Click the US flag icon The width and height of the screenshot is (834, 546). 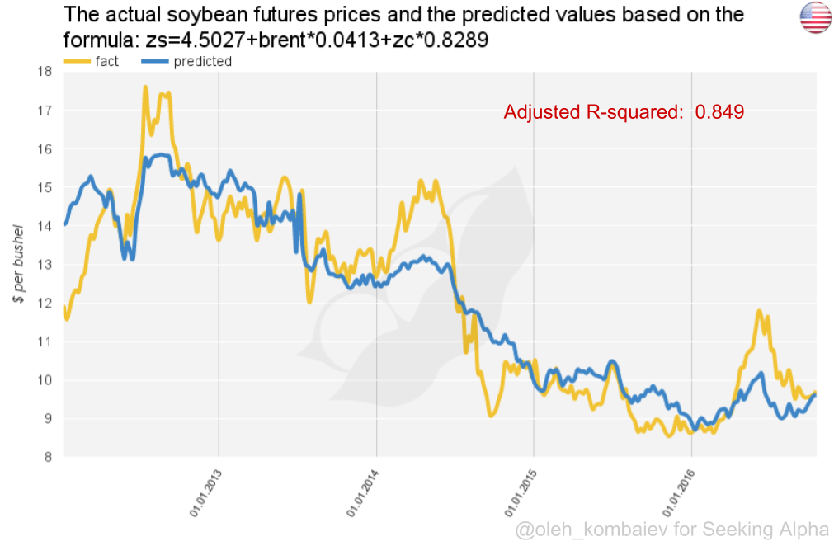click(814, 18)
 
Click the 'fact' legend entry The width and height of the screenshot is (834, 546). click(106, 61)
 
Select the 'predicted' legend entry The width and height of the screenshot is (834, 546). click(202, 61)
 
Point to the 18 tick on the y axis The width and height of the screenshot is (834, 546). click(45, 72)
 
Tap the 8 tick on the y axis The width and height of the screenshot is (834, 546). click(49, 457)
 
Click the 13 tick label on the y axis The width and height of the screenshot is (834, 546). click(45, 265)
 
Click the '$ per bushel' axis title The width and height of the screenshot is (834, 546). click(18, 262)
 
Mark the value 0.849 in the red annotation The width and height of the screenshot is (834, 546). click(719, 112)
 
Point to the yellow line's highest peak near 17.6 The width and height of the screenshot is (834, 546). click(145, 87)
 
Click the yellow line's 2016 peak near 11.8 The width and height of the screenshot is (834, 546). click(757, 311)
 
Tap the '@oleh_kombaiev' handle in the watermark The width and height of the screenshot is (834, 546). click(592, 529)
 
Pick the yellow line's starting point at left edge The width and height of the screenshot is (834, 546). click(65, 308)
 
